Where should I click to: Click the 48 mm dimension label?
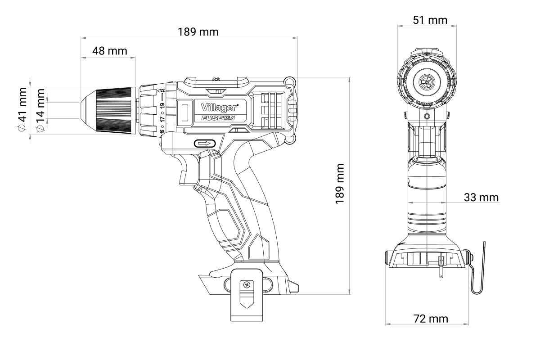(x=110, y=51)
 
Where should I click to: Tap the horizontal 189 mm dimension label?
(x=198, y=32)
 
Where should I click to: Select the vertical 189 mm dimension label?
(x=340, y=184)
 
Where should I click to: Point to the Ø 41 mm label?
(x=22, y=109)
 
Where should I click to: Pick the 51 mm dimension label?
(x=430, y=20)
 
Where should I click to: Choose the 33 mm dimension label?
(x=481, y=198)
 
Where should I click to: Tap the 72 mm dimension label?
(x=431, y=319)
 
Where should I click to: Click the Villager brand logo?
(x=220, y=108)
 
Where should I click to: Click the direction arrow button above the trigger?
(x=205, y=144)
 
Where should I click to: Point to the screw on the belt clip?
(x=247, y=285)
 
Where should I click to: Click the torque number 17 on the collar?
(x=163, y=119)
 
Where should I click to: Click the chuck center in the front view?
(x=427, y=82)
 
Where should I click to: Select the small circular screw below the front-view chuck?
(x=427, y=117)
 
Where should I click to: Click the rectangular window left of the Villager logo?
(x=185, y=112)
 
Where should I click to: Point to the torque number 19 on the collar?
(x=163, y=106)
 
